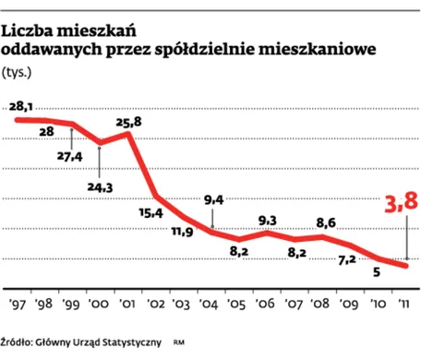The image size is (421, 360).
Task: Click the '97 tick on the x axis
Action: [18, 302]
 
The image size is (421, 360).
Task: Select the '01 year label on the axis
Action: [126, 302]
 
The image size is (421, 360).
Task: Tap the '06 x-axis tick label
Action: [264, 302]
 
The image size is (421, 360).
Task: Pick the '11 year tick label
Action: [402, 302]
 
